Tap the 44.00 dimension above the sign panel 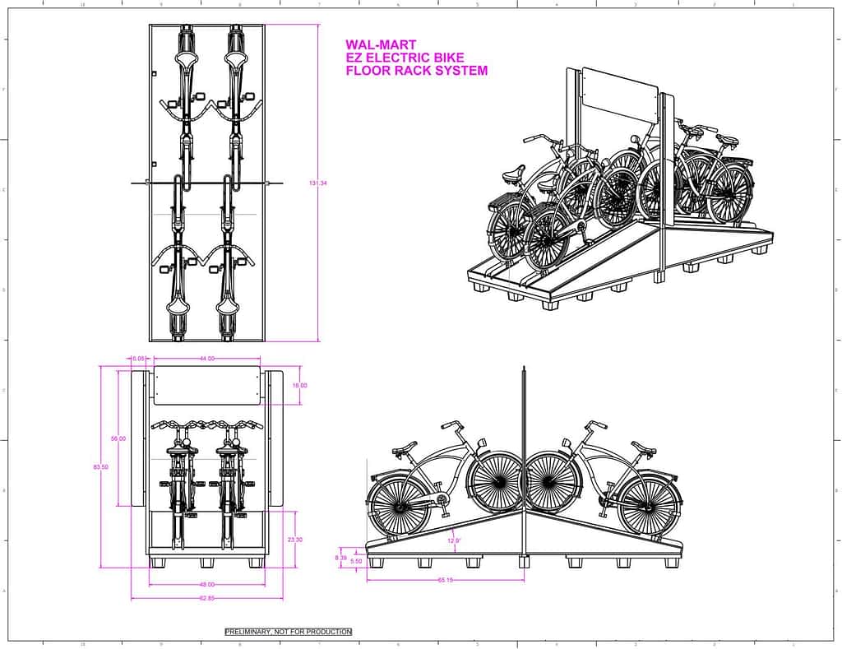coord(206,359)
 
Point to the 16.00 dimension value coord(300,385)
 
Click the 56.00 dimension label coord(118,439)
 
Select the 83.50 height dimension coord(100,467)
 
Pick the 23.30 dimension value coord(296,540)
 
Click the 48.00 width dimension coord(206,585)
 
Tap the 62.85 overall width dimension coord(206,598)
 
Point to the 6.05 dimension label coord(138,359)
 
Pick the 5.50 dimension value coord(356,561)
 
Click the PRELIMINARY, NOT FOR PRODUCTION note coord(289,632)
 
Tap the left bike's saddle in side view coord(404,450)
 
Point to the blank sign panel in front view coord(206,387)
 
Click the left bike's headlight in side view coord(482,445)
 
